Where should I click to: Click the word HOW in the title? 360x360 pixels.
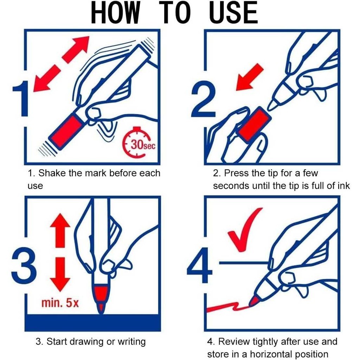coord(115,12)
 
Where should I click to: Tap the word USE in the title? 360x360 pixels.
coord(233,12)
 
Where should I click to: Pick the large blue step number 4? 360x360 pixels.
coord(199,265)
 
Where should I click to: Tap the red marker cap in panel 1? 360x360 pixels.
coord(66,132)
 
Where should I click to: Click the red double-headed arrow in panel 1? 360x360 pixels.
coord(61,64)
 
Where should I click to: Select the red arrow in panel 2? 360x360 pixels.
coord(249,77)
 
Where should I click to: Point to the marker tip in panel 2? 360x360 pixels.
coord(272,105)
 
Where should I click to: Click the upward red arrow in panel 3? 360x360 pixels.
coord(60,230)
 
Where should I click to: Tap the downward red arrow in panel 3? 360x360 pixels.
coord(60,275)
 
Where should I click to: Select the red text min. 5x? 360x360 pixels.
coord(60,303)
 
